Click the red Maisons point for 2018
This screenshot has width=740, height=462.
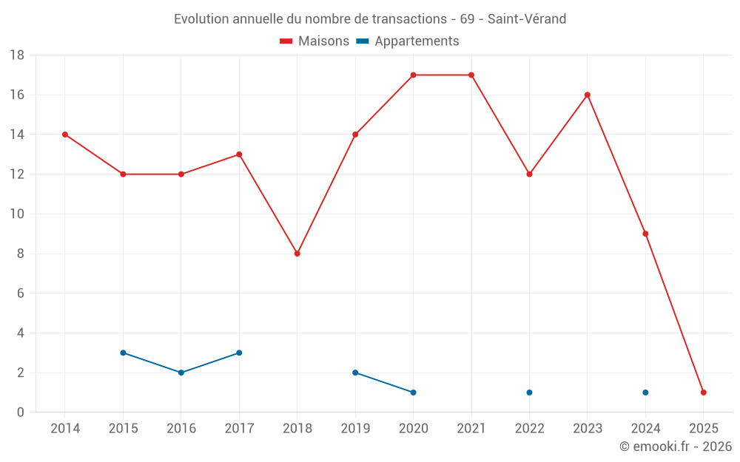297,254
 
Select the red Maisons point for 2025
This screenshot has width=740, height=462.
704,393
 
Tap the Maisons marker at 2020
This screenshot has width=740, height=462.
413,75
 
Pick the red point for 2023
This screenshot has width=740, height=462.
588,95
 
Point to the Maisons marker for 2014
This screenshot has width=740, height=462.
65,135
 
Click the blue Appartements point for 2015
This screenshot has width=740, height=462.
123,353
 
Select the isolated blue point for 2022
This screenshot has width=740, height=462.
529,393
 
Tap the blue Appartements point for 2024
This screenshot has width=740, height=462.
645,393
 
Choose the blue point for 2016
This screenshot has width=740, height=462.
181,373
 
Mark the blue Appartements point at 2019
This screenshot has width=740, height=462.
355,373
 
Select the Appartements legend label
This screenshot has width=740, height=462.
417,41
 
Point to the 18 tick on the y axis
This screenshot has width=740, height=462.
17,55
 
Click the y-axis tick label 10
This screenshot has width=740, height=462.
17,214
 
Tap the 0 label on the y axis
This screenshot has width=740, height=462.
21,412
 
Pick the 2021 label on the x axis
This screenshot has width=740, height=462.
471,429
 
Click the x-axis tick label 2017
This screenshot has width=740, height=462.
239,429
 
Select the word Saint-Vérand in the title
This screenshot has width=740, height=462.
527,19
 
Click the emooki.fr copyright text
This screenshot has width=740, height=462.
676,446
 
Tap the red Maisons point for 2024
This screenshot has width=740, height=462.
645,234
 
